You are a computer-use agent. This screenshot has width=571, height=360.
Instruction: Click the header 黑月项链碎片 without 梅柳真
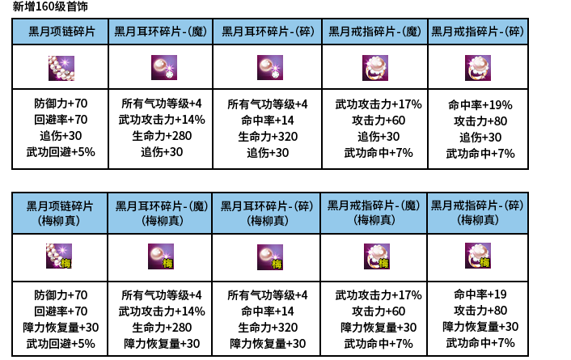[x=61, y=32]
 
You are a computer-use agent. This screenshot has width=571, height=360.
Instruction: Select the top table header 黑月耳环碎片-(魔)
[x=160, y=32]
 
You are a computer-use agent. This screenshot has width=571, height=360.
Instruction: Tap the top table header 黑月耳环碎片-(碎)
[x=267, y=32]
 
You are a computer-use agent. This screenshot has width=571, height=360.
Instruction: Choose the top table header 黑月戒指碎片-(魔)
[x=374, y=32]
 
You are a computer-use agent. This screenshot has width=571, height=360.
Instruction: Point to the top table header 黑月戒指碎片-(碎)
[x=477, y=32]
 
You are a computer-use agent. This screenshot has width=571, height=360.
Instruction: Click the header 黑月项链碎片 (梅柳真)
[x=61, y=213]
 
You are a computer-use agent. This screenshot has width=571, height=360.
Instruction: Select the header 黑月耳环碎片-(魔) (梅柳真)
[x=160, y=213]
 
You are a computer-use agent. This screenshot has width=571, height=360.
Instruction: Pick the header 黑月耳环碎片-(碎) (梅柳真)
[x=267, y=213]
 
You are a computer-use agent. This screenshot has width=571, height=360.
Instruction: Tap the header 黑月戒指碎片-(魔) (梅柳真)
[x=374, y=213]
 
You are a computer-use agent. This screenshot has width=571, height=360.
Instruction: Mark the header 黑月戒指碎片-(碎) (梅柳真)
[x=477, y=213]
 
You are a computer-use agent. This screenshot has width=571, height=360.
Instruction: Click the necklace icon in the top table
[x=61, y=67]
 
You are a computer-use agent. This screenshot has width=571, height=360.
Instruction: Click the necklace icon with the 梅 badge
[x=60, y=256]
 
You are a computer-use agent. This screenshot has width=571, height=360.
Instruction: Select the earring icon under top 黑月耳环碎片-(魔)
[x=164, y=67]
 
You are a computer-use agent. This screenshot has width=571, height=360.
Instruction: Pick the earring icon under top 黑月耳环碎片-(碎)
[x=270, y=67]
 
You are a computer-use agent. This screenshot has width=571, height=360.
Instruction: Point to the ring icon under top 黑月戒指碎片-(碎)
[x=477, y=67]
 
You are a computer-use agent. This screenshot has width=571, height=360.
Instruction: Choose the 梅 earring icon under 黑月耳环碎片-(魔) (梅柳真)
[x=161, y=256]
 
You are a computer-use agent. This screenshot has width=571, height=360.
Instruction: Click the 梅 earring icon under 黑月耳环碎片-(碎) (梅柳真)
[x=270, y=256]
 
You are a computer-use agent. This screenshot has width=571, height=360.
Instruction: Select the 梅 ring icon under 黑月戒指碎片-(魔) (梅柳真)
[x=376, y=256]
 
